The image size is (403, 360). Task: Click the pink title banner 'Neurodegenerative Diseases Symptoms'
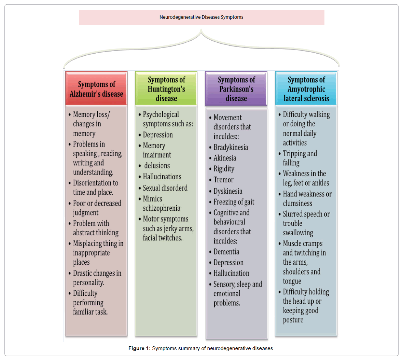pyautogui.click(x=201, y=17)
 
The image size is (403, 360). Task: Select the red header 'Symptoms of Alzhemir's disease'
pyautogui.click(x=96, y=88)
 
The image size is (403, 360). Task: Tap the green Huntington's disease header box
pyautogui.click(x=166, y=89)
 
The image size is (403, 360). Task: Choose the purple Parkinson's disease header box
pyautogui.click(x=236, y=89)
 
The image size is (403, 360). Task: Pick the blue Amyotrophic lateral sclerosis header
pyautogui.click(x=306, y=89)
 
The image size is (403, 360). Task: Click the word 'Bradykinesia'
pyautogui.click(x=231, y=147)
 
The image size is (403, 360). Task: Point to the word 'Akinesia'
pyautogui.click(x=225, y=158)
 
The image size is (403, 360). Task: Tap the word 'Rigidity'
pyautogui.click(x=224, y=169)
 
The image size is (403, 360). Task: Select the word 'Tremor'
pyautogui.click(x=223, y=180)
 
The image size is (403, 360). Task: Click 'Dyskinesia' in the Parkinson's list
pyautogui.click(x=228, y=191)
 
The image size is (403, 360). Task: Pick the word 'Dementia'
pyautogui.click(x=226, y=252)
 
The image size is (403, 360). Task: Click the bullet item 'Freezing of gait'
pyautogui.click(x=234, y=202)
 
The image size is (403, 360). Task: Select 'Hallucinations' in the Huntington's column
pyautogui.click(x=162, y=177)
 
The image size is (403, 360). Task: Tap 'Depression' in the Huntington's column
pyautogui.click(x=158, y=135)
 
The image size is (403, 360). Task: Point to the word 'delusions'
pyautogui.click(x=157, y=166)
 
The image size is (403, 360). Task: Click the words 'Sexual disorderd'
pyautogui.click(x=165, y=188)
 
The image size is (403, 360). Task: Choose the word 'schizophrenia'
pyautogui.click(x=162, y=208)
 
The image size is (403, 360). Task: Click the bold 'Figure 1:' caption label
pyautogui.click(x=139, y=348)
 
